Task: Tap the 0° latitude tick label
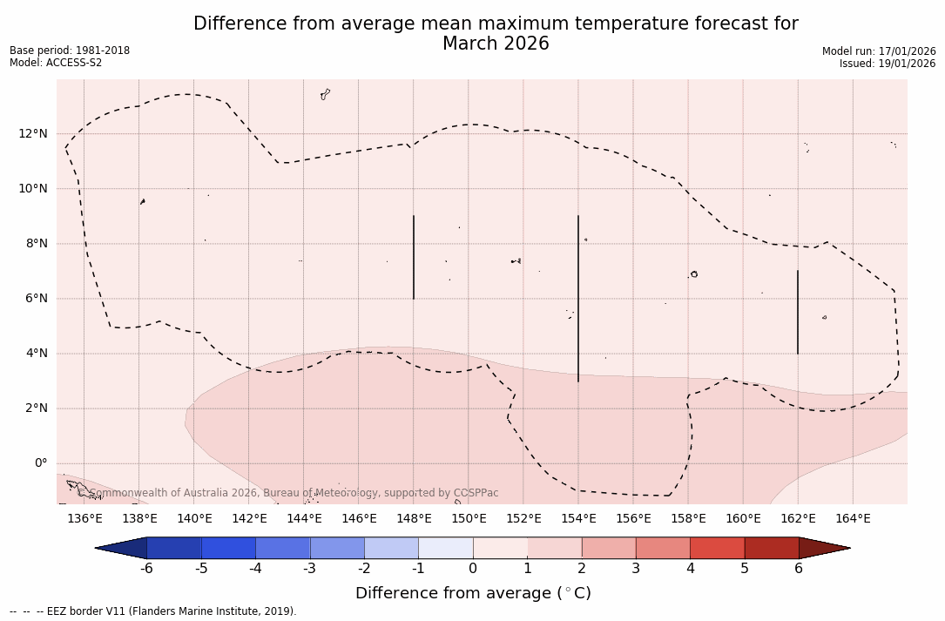40,463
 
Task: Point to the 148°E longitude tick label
414,519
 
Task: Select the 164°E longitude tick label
853,519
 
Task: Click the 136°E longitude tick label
84,519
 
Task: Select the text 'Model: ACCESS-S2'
56,63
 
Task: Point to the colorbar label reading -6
147,569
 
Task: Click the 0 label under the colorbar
473,569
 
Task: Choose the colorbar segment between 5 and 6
772,548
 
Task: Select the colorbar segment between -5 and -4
228,548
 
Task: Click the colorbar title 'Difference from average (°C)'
473,593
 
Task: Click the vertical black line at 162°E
798,312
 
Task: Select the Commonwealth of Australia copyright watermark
294,493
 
